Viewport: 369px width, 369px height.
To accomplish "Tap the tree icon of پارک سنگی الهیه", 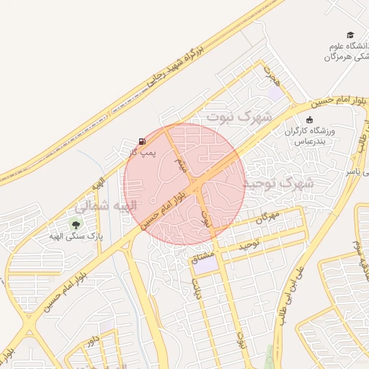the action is point(76,224).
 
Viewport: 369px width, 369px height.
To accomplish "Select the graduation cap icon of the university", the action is point(350,35).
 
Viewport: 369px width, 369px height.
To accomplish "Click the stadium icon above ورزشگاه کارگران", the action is point(310,120).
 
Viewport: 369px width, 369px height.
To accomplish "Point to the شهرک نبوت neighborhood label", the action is point(239,115).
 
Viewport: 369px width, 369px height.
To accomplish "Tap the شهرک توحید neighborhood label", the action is point(279,184).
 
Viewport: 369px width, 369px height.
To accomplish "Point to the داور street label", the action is point(92,343).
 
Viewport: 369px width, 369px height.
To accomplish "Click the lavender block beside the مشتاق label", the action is point(206,265).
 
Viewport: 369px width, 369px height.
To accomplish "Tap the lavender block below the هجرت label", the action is point(275,92).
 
